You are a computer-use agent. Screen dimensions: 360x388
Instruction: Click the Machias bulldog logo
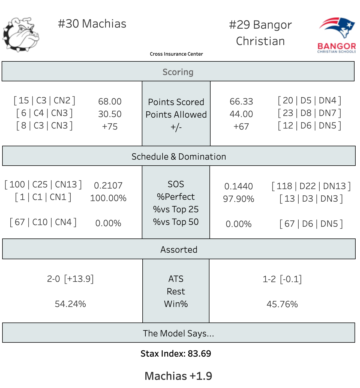(21, 34)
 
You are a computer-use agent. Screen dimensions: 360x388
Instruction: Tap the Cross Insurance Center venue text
(176, 54)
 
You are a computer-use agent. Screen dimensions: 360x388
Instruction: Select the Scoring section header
(178, 72)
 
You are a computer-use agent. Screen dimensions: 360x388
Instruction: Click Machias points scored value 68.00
(110, 102)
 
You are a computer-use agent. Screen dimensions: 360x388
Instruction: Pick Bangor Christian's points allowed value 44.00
(241, 114)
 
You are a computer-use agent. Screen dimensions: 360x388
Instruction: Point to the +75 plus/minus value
(110, 127)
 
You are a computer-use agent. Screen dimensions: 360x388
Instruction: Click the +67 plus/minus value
(241, 127)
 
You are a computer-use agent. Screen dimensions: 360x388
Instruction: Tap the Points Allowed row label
(176, 115)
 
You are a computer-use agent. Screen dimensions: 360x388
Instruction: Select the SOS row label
(176, 184)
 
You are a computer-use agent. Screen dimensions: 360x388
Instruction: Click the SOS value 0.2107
(108, 186)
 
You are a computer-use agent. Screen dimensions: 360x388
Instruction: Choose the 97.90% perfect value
(238, 199)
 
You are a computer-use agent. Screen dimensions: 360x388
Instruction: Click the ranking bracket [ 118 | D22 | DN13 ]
(311, 186)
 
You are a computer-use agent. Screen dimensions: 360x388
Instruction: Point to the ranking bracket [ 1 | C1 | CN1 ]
(43, 197)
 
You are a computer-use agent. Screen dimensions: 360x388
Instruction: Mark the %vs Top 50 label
(176, 222)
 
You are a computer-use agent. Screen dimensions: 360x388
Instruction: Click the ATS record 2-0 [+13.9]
(70, 279)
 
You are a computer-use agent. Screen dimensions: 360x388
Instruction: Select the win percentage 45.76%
(282, 304)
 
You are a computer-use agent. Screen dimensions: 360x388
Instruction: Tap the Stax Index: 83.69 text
(176, 354)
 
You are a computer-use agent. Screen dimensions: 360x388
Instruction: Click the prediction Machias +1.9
(178, 376)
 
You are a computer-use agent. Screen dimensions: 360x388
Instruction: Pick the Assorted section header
(179, 250)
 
